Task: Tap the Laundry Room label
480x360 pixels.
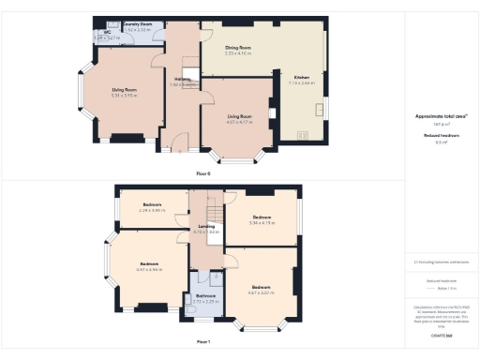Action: [x=138, y=23]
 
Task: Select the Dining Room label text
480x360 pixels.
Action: [x=240, y=46]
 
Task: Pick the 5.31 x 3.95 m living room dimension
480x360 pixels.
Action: [x=125, y=96]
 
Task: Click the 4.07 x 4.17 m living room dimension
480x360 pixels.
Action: [x=240, y=121]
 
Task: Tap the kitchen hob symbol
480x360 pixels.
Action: [x=302, y=135]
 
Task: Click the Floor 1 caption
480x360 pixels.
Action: [x=202, y=342]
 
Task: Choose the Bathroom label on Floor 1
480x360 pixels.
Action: [x=204, y=295]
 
